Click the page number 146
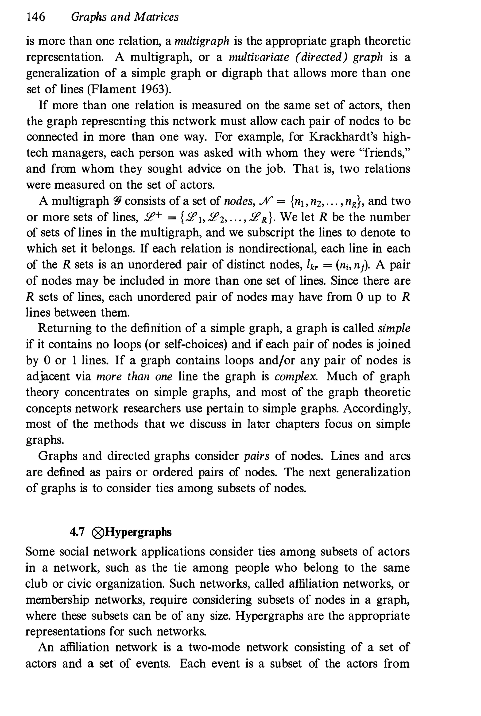[x=36, y=17]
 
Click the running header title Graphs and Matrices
[x=124, y=17]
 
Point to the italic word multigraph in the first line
[x=202, y=41]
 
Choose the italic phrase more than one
[x=134, y=376]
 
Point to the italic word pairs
[x=256, y=456]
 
